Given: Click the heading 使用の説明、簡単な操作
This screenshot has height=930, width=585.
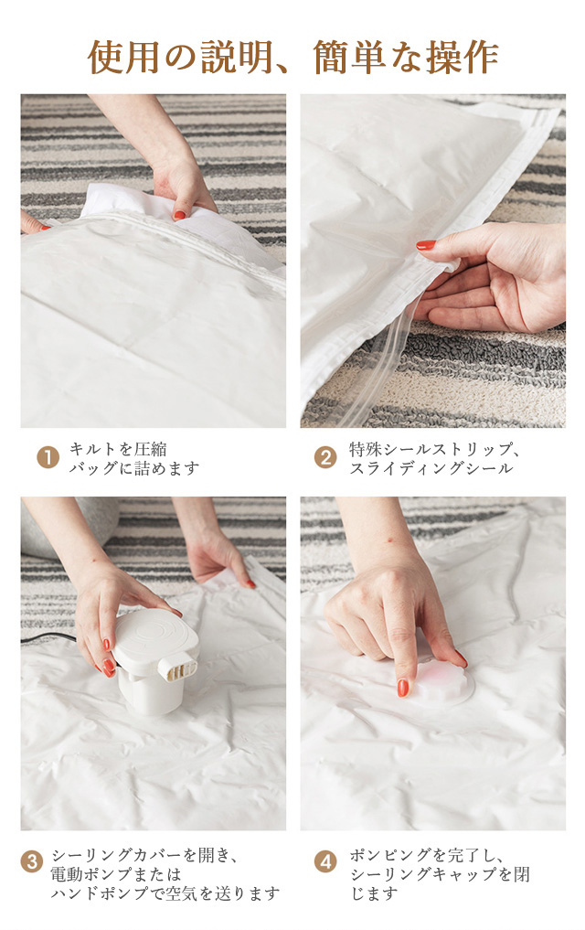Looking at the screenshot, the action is [x=292, y=58].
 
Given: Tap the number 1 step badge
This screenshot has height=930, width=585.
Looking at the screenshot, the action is [x=48, y=458].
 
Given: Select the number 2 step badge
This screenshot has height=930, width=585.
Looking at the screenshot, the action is [x=324, y=458].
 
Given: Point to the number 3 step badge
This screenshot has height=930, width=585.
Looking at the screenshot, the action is [x=32, y=861].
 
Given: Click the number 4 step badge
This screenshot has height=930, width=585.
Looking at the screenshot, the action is [x=324, y=861].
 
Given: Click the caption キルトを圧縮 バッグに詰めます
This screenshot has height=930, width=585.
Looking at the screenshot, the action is [x=134, y=458].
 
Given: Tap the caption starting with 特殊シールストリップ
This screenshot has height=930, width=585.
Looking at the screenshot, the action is [x=435, y=458].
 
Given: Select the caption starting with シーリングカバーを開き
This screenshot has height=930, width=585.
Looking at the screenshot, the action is [x=165, y=873].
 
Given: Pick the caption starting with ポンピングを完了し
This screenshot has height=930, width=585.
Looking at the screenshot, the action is [x=439, y=873].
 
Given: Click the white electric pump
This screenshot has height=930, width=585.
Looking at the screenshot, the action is [x=154, y=659].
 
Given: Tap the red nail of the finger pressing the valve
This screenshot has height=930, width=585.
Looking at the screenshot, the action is [x=402, y=688].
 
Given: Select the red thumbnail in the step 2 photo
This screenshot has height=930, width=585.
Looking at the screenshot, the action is [x=426, y=245].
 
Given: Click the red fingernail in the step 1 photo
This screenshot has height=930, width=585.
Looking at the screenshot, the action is [x=179, y=215].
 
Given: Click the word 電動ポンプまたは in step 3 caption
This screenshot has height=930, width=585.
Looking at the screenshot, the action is [x=115, y=874].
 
